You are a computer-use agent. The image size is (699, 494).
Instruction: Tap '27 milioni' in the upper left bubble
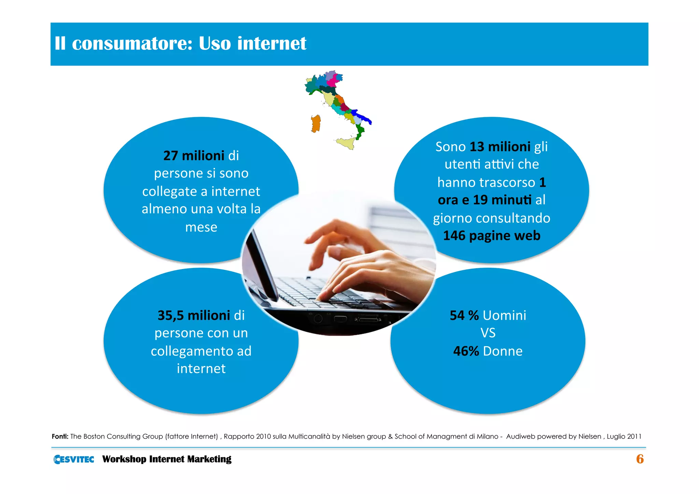(194, 156)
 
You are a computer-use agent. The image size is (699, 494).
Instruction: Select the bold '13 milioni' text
(500, 147)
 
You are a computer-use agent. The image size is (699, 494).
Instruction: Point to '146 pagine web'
(491, 236)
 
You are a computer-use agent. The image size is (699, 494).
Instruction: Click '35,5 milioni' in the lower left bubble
(194, 315)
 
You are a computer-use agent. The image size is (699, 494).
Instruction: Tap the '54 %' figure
(464, 315)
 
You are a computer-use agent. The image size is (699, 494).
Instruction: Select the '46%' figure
(466, 351)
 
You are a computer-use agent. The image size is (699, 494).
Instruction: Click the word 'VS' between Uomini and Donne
(488, 333)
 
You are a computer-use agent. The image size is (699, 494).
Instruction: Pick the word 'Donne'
(502, 351)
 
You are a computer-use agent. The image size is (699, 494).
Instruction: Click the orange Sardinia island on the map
(316, 124)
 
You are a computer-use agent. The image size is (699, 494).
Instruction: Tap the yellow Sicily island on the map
(346, 143)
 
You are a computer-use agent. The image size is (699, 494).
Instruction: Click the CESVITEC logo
(74, 459)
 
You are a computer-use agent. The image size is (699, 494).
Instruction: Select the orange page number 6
(640, 459)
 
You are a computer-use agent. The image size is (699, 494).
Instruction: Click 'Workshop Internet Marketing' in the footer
(167, 459)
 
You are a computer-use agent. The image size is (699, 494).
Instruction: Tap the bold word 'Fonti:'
(60, 436)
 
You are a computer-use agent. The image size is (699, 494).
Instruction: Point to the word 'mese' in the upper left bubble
(201, 227)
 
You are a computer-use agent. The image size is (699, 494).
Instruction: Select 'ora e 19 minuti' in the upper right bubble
(484, 200)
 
